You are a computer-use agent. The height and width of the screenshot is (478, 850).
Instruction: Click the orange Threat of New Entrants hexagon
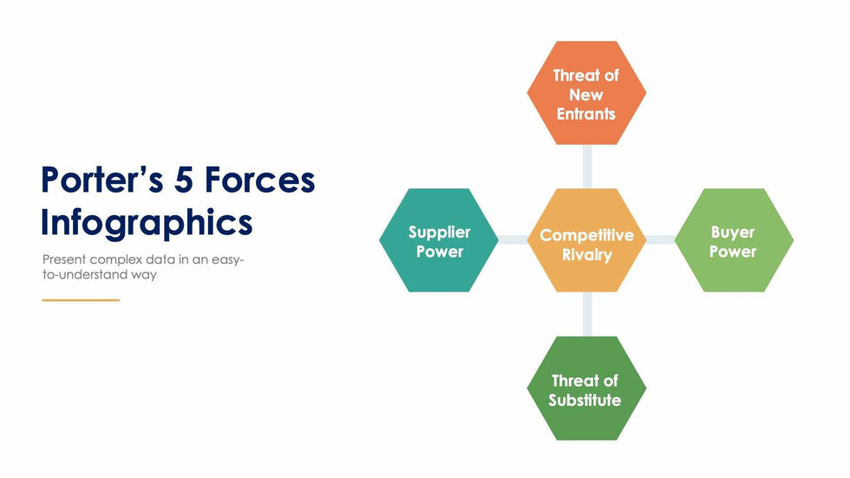coord(586,93)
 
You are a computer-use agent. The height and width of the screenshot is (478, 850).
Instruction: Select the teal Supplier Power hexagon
coord(439,240)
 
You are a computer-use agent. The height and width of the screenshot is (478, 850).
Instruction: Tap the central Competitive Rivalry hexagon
coord(586,240)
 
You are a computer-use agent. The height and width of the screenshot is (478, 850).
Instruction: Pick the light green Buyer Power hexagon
coord(734,240)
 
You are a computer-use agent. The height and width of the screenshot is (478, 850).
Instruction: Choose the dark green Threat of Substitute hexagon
coord(586,388)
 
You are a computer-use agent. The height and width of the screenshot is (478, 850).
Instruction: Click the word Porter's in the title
coord(102,180)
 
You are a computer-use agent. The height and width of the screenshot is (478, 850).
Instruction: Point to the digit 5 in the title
coord(183,180)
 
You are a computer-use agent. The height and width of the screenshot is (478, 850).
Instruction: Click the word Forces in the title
coord(259,180)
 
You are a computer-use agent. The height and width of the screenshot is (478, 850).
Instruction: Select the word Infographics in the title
coord(147,223)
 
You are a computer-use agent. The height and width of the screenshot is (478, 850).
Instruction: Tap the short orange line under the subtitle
coord(81,299)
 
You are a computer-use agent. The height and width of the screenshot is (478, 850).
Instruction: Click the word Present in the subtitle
coord(64,259)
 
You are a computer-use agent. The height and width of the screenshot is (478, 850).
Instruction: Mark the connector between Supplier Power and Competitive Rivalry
coord(513,240)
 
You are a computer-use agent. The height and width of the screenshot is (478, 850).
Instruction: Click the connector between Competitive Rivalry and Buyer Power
coord(660,240)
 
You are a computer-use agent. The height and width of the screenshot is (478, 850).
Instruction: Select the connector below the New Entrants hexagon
coord(587,167)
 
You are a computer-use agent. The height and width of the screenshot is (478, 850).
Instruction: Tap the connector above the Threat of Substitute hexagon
coord(587,314)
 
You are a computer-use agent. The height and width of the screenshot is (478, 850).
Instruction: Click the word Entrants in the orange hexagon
coord(586,114)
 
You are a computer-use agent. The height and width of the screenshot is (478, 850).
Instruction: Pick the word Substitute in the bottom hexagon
coord(585,400)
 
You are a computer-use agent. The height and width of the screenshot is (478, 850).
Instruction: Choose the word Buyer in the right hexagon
coord(733,232)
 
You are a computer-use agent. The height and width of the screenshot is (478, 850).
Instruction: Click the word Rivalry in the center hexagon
coord(587,255)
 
